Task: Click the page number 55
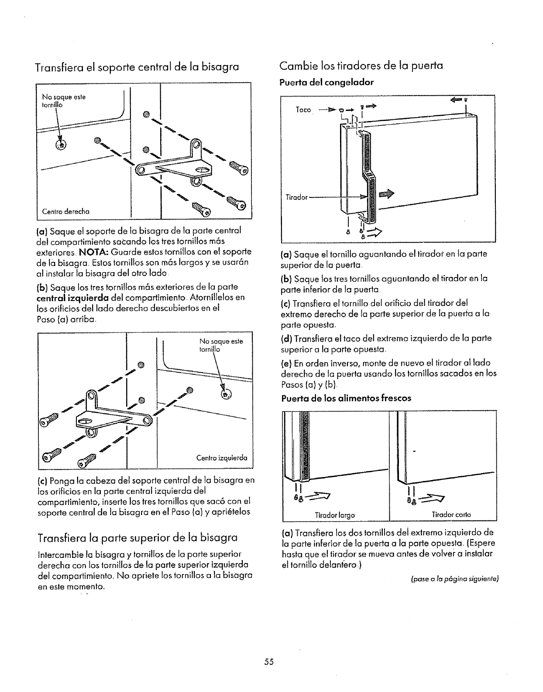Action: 268,661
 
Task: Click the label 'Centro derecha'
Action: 65,211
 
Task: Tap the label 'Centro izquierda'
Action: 222,458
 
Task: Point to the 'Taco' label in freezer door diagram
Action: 303,110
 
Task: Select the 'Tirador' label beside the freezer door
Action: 297,197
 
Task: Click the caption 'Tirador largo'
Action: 335,515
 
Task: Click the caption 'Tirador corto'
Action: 446,515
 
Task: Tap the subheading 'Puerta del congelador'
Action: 326,82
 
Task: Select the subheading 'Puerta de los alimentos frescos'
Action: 346,398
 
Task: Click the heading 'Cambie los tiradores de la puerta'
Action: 361,66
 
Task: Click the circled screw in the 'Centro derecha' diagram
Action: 61,145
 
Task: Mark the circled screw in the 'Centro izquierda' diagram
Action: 227,394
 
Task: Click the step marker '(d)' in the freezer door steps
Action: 286,339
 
